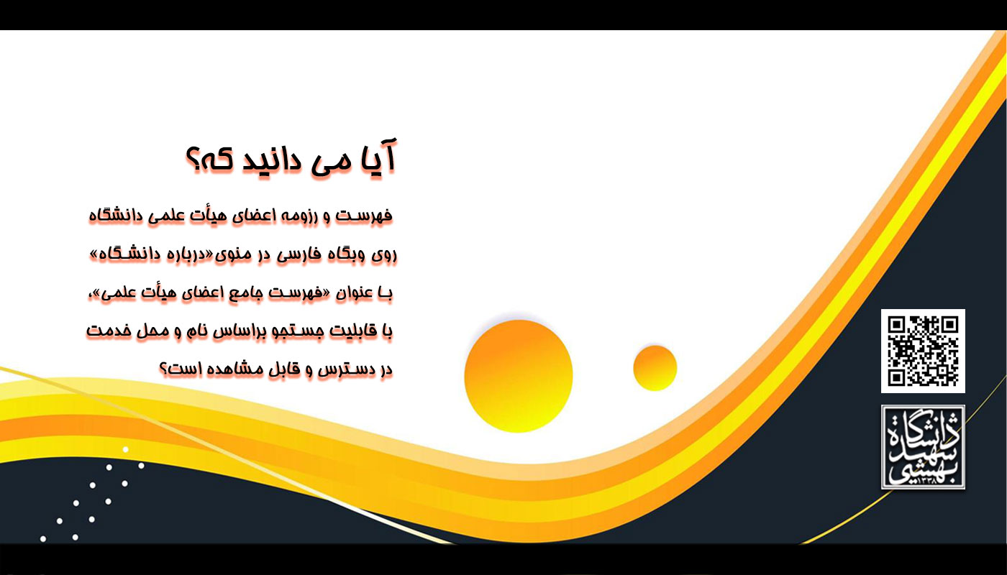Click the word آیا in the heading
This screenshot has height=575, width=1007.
(378, 157)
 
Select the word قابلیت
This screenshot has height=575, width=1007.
(353, 331)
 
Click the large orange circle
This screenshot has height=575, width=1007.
(519, 376)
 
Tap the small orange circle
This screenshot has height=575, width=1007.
(655, 368)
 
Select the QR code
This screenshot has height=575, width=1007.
(923, 351)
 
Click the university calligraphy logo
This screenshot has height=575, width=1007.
(923, 447)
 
